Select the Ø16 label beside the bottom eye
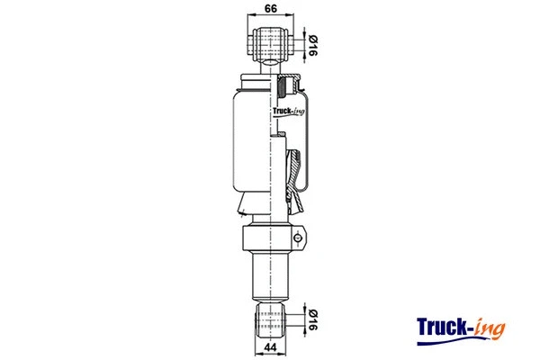tap(312, 319)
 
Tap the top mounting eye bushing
tap(270, 41)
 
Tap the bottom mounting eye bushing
tap(270, 319)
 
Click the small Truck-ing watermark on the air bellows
tap(286, 112)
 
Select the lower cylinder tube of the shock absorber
tap(269, 277)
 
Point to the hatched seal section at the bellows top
tap(286, 87)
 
